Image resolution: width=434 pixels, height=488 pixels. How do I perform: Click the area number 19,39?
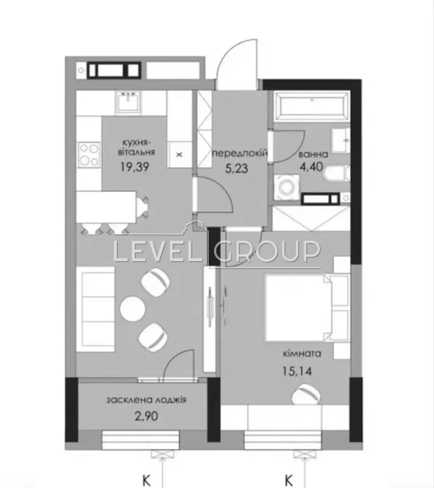[135, 167]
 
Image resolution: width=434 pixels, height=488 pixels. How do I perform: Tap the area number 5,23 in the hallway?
[236, 168]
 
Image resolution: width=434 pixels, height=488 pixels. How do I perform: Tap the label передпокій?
[240, 153]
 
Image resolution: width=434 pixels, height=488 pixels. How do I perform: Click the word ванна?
[313, 154]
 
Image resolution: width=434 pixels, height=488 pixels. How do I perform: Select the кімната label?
[302, 354]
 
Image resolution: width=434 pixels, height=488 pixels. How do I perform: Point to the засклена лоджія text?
[146, 400]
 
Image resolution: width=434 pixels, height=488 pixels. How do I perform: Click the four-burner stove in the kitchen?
[89, 155]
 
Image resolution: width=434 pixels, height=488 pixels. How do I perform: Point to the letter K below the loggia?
[147, 481]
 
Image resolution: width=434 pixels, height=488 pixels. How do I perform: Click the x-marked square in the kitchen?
[179, 155]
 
